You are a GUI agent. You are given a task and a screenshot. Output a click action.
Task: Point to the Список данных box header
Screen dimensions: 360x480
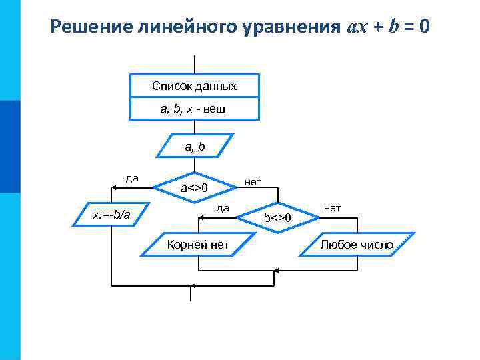coord(194,87)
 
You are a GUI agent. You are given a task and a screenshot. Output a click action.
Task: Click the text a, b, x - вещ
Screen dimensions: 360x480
coord(193,109)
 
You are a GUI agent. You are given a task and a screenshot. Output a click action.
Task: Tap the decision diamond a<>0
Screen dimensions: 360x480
coord(195,188)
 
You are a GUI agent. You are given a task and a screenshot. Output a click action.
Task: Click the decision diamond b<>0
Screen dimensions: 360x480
coord(277,218)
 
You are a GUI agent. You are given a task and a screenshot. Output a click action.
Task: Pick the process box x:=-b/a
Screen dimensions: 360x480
coord(111,214)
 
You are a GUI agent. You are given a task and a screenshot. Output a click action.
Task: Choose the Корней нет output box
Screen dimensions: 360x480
coord(198,245)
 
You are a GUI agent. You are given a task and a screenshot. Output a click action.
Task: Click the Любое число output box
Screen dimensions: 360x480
coord(357,245)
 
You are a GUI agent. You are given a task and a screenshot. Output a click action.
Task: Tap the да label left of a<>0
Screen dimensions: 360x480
coord(132,177)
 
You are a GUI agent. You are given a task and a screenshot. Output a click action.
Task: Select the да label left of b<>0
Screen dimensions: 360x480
coord(223,208)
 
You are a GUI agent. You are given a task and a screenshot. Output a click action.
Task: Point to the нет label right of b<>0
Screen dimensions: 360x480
coord(332,208)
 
